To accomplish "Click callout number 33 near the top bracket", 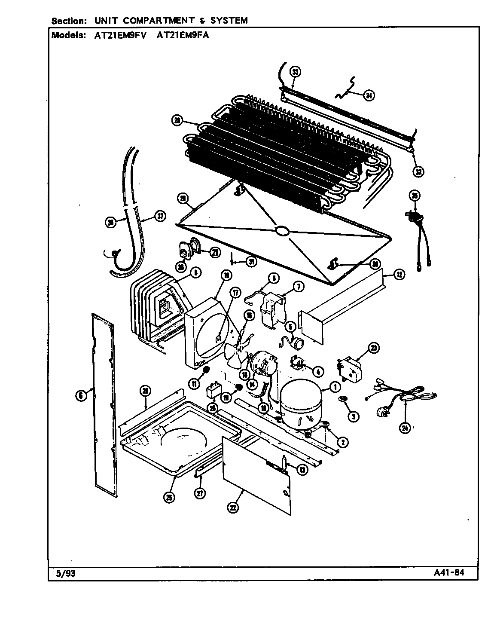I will pos(295,72).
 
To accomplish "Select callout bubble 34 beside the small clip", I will pos(368,95).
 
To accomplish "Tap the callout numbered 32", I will pos(418,171).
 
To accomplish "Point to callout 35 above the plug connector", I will pos(414,196).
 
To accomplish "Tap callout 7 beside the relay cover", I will pos(298,286).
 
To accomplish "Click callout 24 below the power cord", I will pos(404,428).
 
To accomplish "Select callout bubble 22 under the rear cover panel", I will pos(233,508).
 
